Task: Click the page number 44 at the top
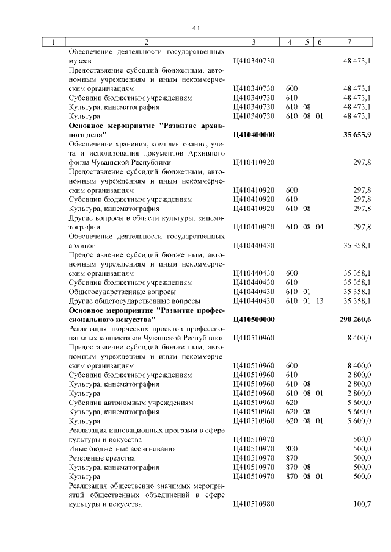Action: [195, 28]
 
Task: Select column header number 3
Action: [253, 42]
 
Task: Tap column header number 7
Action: [348, 42]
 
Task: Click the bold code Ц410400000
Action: [254, 134]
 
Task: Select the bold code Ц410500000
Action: [254, 319]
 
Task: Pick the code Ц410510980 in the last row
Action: [254, 504]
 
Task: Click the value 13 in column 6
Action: [319, 301]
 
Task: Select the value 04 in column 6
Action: [319, 227]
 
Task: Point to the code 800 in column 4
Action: [291, 448]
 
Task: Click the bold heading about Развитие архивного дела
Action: [146, 129]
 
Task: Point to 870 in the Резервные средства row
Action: [291, 457]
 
